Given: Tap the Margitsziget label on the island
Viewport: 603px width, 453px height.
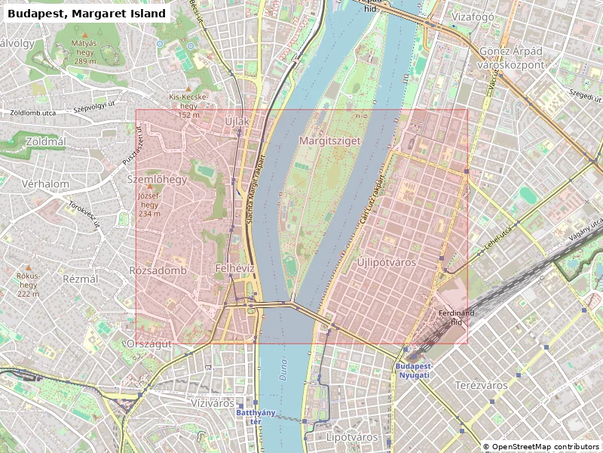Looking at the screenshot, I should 330,140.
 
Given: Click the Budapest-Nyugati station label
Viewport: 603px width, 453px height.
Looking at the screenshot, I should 412,370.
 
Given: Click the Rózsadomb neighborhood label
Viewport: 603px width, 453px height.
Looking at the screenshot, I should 158,270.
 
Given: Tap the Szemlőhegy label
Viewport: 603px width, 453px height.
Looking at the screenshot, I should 157,180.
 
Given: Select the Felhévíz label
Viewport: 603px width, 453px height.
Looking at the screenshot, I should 236,269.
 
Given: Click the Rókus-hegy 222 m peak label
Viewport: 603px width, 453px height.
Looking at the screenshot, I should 28,285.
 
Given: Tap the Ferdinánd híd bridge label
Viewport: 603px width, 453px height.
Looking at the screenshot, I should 456,317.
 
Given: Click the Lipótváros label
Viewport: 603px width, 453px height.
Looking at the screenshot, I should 352,437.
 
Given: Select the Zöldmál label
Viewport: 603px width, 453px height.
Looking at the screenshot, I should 46,141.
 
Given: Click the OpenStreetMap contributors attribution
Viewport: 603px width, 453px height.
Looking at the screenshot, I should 542,447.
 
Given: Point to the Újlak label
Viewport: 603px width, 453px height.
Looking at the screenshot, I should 237,121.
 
